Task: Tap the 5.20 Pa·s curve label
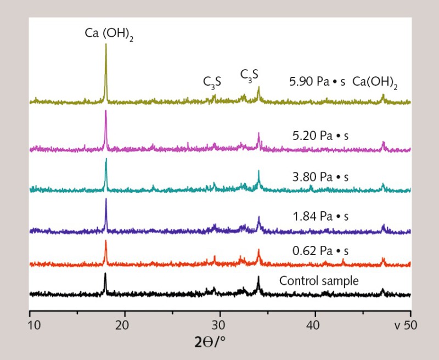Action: [322, 134]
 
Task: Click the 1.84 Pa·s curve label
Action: [322, 217]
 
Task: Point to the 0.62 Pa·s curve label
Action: [322, 251]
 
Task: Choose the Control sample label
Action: [319, 281]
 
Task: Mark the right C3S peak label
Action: [249, 75]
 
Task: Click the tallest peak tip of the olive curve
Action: [106, 44]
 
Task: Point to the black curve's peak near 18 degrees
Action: [105, 274]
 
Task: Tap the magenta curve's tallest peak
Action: [105, 111]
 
